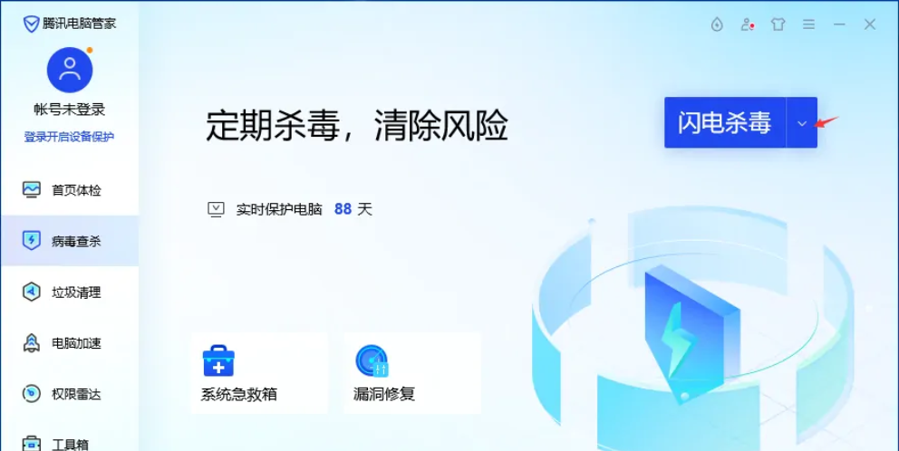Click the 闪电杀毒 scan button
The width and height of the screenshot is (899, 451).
click(x=725, y=123)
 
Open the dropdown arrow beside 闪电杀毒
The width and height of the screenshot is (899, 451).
click(x=802, y=123)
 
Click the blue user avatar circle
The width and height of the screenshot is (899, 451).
click(x=70, y=70)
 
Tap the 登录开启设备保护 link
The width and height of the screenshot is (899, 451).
click(x=70, y=137)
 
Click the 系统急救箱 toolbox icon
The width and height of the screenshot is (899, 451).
click(x=218, y=361)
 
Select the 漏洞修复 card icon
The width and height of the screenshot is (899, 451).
click(x=372, y=361)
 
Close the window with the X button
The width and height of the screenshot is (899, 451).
click(x=870, y=24)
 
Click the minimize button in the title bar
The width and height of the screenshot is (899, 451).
click(x=839, y=24)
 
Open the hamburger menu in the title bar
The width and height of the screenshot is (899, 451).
click(x=808, y=24)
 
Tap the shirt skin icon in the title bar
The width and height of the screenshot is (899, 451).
click(x=778, y=24)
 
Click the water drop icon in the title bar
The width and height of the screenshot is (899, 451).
click(x=717, y=24)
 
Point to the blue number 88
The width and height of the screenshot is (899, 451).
click(x=343, y=209)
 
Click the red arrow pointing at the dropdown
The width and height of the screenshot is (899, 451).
click(x=827, y=121)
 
